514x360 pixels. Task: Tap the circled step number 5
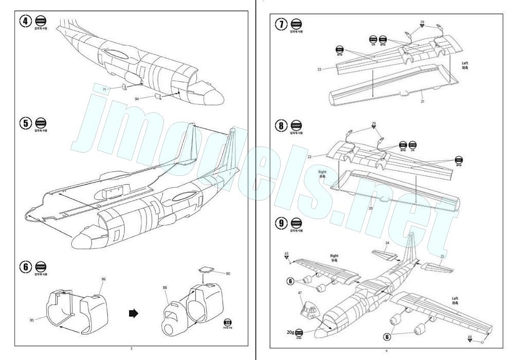[x=25, y=123]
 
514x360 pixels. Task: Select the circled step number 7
[x=281, y=25]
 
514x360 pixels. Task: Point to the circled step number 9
[x=281, y=223]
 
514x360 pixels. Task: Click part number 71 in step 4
[x=104, y=89]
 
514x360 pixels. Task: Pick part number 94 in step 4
[x=137, y=98]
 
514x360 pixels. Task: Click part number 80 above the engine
[x=228, y=274]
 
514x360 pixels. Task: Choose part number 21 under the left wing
[x=422, y=102]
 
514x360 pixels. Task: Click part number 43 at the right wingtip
[x=286, y=253]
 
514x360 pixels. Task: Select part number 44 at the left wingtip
[x=470, y=337]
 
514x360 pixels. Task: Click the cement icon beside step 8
[x=297, y=124]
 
